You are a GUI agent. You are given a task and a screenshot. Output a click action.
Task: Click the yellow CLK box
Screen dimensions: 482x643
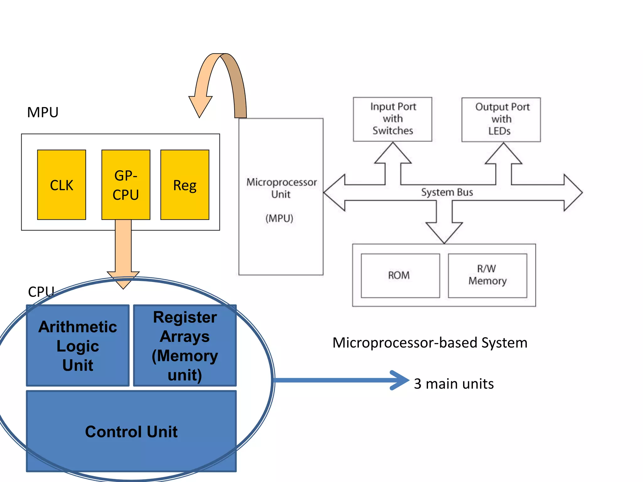click(x=62, y=185)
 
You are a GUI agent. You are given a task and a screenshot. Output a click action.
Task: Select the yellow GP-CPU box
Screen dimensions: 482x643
click(x=126, y=185)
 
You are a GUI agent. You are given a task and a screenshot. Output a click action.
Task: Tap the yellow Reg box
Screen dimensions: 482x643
click(x=185, y=185)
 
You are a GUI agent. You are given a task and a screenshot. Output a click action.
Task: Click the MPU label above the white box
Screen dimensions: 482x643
click(x=43, y=112)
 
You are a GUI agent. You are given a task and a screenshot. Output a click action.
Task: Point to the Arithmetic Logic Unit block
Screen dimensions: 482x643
click(x=78, y=345)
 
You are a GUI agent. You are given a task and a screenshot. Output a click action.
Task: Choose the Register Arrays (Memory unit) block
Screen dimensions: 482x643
click(x=185, y=345)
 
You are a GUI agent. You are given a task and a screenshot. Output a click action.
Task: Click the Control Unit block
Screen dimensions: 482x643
click(x=131, y=431)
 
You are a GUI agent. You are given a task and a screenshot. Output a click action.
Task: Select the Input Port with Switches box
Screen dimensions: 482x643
click(x=392, y=119)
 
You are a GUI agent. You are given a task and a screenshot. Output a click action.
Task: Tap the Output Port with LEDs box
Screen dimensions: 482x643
click(x=501, y=119)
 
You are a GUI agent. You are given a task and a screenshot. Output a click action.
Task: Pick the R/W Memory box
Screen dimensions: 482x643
click(x=487, y=275)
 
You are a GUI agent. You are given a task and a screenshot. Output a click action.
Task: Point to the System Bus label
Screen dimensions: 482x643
click(x=447, y=192)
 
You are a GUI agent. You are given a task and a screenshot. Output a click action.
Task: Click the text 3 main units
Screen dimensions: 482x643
click(x=454, y=384)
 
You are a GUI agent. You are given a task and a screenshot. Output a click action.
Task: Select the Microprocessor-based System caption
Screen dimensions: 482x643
click(x=430, y=342)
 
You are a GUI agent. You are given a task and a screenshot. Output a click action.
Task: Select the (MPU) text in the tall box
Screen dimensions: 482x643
click(x=279, y=218)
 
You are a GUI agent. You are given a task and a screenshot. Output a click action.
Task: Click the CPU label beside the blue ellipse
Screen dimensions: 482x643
click(x=41, y=292)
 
